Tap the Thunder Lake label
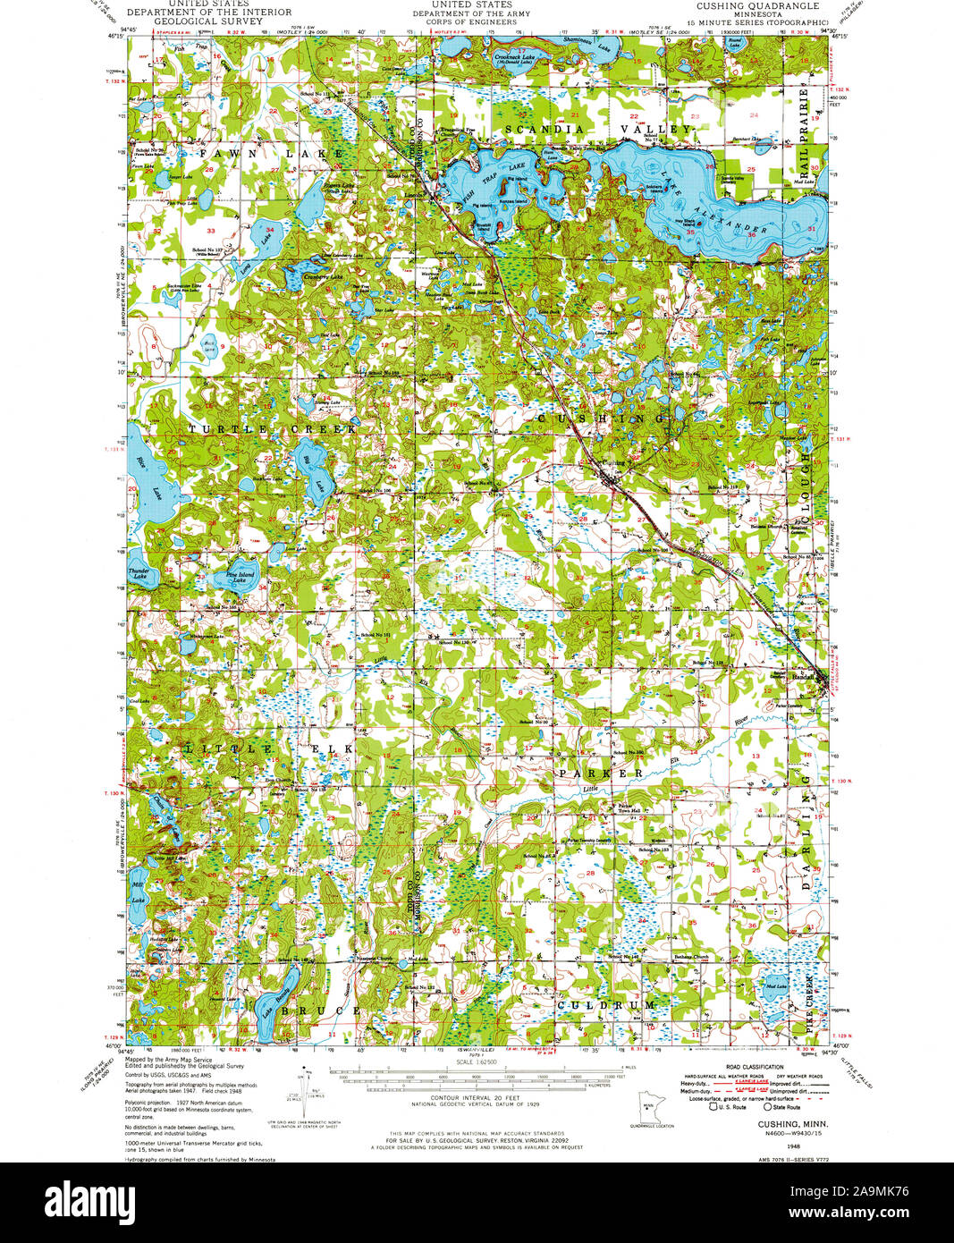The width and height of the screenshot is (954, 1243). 139,574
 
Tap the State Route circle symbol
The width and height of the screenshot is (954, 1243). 766,1106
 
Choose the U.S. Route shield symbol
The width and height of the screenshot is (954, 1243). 713,1106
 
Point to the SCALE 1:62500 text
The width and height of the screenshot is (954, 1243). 474,1061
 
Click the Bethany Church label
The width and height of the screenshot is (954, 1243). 690,957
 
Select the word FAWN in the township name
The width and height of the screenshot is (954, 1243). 220,154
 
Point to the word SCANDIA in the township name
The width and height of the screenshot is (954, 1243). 537,130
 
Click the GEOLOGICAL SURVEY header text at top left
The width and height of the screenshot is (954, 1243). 208,23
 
